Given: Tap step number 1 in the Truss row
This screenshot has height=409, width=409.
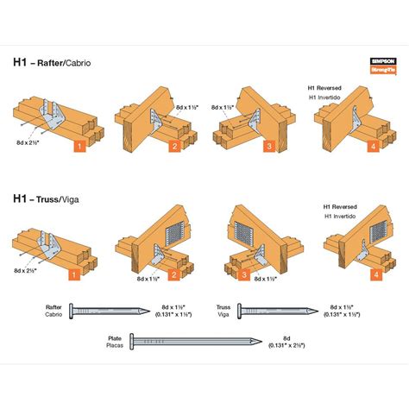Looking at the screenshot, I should (x=75, y=275).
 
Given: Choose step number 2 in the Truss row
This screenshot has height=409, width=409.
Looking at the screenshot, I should (x=173, y=275).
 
